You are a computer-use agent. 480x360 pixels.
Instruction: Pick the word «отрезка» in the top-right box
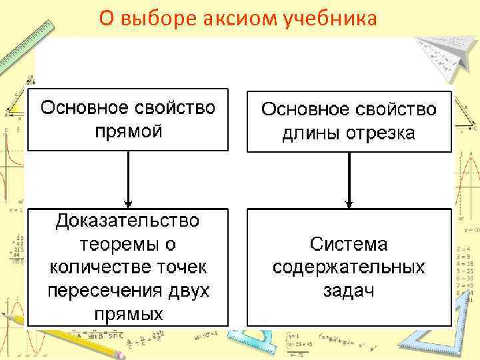point(379,133)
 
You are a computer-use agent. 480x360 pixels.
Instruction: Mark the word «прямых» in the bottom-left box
point(128,314)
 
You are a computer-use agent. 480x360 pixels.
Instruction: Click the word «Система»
point(349,244)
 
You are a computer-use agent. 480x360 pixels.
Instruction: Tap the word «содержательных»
point(349,267)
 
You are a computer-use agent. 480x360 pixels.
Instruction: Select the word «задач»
point(349,291)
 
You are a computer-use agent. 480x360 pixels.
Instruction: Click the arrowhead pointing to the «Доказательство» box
point(128,202)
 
